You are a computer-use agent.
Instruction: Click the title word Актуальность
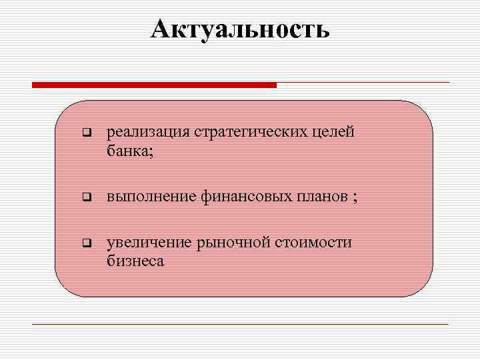[240, 29]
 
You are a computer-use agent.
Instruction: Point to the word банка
[127, 151]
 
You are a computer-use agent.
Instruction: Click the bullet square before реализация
[85, 133]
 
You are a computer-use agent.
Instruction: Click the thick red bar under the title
[154, 85]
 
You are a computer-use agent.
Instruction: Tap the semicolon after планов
[355, 198]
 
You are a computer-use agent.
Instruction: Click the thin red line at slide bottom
[240, 324]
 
